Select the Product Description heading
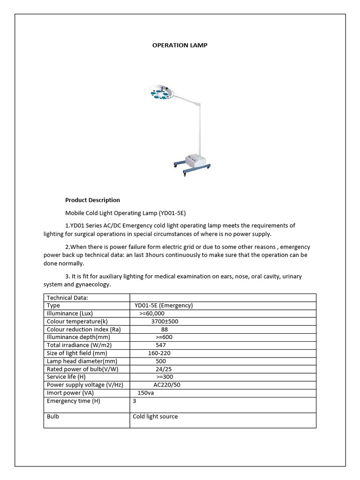(92, 200)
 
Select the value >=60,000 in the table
(151, 313)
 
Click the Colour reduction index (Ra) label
(84, 329)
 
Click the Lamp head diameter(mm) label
(82, 361)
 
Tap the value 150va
(145, 393)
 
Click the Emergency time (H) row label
(74, 401)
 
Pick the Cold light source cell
(155, 416)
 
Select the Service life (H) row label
(67, 377)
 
